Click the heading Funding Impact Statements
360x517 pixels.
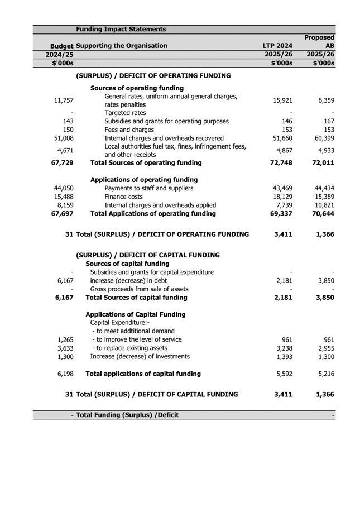click(121, 29)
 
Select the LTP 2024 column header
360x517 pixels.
click(277, 46)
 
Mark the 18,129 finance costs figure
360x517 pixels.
click(282, 197)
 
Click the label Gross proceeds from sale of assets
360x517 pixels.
click(139, 289)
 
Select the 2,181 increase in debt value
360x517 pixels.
click(285, 280)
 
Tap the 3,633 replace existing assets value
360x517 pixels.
click(65, 348)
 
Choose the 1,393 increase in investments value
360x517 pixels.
click(285, 356)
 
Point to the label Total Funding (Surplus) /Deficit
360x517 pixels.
click(127, 415)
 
